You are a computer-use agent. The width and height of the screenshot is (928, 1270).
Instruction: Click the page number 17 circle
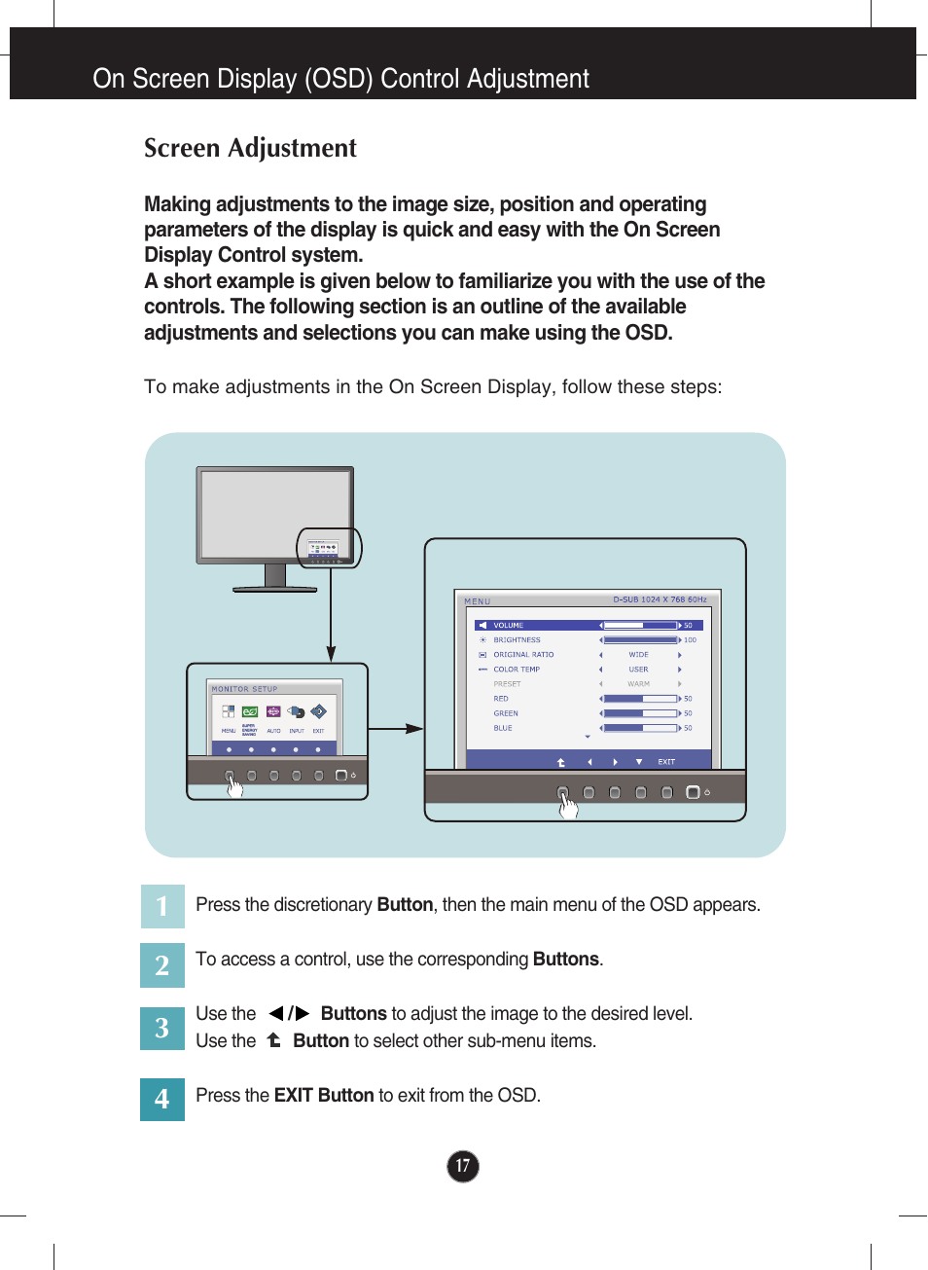click(x=463, y=1166)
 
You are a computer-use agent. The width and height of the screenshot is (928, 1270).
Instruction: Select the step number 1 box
click(x=162, y=906)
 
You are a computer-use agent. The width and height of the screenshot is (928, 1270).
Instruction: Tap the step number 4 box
click(x=162, y=1099)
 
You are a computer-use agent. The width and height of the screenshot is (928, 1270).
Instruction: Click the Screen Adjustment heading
click(x=250, y=148)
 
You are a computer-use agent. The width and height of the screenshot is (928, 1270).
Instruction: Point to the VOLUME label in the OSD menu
click(x=508, y=626)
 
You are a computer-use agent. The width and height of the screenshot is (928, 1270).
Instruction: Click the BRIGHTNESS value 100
click(x=690, y=640)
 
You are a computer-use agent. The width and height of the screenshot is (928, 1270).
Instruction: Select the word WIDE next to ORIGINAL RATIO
click(x=638, y=655)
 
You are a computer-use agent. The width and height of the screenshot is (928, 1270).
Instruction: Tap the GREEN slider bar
click(x=640, y=713)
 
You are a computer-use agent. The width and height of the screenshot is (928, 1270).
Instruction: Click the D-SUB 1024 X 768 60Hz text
click(x=660, y=599)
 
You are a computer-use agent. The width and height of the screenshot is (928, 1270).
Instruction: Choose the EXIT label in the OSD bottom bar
click(x=666, y=762)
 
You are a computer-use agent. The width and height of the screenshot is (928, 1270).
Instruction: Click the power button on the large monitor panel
click(x=693, y=792)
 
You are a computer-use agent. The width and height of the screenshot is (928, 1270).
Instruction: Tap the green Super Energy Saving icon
click(x=250, y=712)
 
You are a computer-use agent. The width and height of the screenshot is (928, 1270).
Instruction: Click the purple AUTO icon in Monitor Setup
click(x=273, y=712)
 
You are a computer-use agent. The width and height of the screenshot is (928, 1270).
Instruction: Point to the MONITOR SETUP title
click(x=245, y=689)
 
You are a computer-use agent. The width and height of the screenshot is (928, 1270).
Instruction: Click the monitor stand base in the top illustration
click(x=275, y=588)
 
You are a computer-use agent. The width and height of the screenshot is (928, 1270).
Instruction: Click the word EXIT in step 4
click(x=293, y=1096)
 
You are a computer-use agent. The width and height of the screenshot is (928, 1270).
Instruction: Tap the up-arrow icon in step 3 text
click(x=274, y=1040)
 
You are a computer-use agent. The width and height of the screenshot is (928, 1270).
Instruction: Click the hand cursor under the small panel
click(x=234, y=786)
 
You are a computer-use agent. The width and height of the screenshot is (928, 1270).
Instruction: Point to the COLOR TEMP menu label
click(x=517, y=670)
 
